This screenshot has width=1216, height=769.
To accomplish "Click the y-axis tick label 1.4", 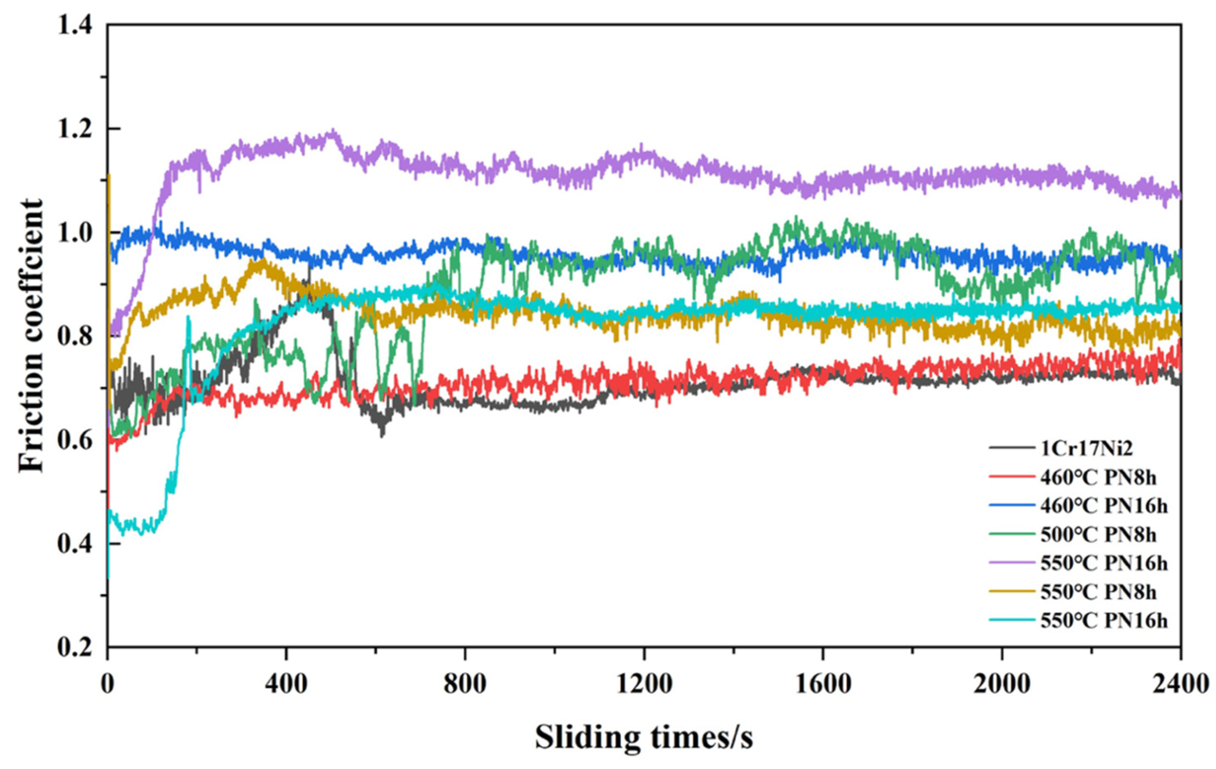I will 75,25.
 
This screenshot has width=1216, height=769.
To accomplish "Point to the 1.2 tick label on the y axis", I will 75,129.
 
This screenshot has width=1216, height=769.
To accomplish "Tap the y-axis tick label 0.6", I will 75,440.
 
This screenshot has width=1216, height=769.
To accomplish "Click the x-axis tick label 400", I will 286,685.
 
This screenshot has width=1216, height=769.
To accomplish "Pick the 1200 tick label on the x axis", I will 643,685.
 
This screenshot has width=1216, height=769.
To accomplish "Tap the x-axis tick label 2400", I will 1180,685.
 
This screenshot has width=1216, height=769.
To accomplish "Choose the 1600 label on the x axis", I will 823,685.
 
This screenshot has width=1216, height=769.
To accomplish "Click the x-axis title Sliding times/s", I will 643,738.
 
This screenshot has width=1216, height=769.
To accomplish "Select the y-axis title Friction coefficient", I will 31,336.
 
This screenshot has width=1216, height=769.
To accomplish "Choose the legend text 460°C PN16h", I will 1104,505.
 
